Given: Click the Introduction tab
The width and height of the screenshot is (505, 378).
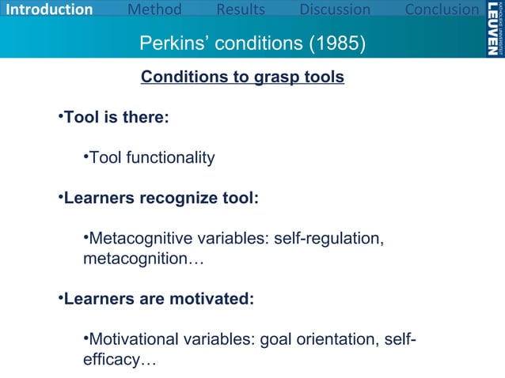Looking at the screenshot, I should click(x=47, y=10).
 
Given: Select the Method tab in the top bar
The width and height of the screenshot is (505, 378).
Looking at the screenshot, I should click(x=154, y=10).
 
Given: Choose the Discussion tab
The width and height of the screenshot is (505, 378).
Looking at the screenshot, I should click(x=334, y=10).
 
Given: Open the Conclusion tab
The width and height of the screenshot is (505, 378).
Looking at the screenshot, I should click(x=442, y=10).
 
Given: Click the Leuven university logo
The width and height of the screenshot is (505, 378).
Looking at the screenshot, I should click(x=492, y=28).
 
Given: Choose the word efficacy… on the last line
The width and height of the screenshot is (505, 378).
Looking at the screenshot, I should click(x=119, y=361).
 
